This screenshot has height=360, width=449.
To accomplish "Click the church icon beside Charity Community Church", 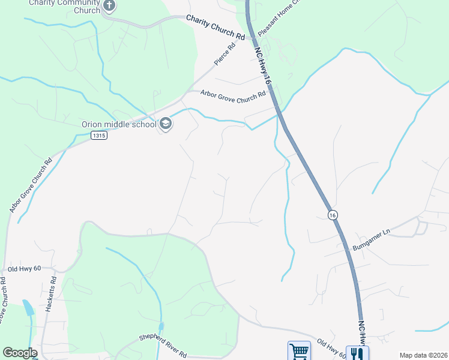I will click(x=109, y=6).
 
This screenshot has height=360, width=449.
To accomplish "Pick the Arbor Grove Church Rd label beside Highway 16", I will click(x=233, y=94).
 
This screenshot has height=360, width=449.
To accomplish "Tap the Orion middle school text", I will click(x=119, y=125).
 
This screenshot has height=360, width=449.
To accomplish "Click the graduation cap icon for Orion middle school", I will click(x=166, y=124).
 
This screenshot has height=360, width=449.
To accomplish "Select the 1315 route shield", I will click(x=100, y=136).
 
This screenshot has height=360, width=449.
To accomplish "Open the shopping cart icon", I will click(x=298, y=352).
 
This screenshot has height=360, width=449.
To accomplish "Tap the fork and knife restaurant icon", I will click(x=357, y=353).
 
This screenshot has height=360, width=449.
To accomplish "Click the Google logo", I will click(x=19, y=353).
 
